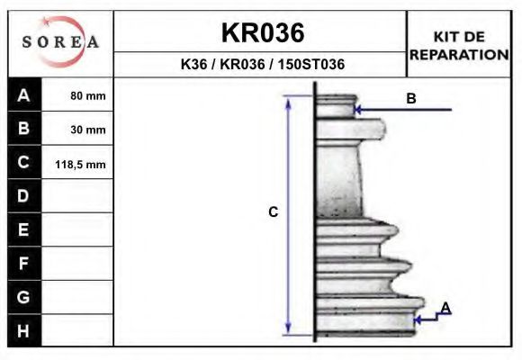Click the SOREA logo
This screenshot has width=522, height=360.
click(60, 42)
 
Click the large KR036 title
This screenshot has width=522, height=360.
click(262, 33)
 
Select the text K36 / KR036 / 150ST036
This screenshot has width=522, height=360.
click(262, 65)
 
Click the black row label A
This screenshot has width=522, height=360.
click(24, 95)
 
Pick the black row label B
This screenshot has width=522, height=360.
click(24, 129)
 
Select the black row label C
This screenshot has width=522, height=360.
click(24, 163)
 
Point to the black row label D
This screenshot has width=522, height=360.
click(24, 196)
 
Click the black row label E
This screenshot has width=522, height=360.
click(24, 229)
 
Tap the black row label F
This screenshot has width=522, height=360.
click(24, 263)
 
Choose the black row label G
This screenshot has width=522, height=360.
click(24, 296)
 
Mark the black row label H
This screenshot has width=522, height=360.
click(24, 330)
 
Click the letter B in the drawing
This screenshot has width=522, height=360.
click(410, 99)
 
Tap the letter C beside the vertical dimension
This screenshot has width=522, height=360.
click(274, 212)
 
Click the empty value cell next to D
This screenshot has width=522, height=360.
click(78, 196)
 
